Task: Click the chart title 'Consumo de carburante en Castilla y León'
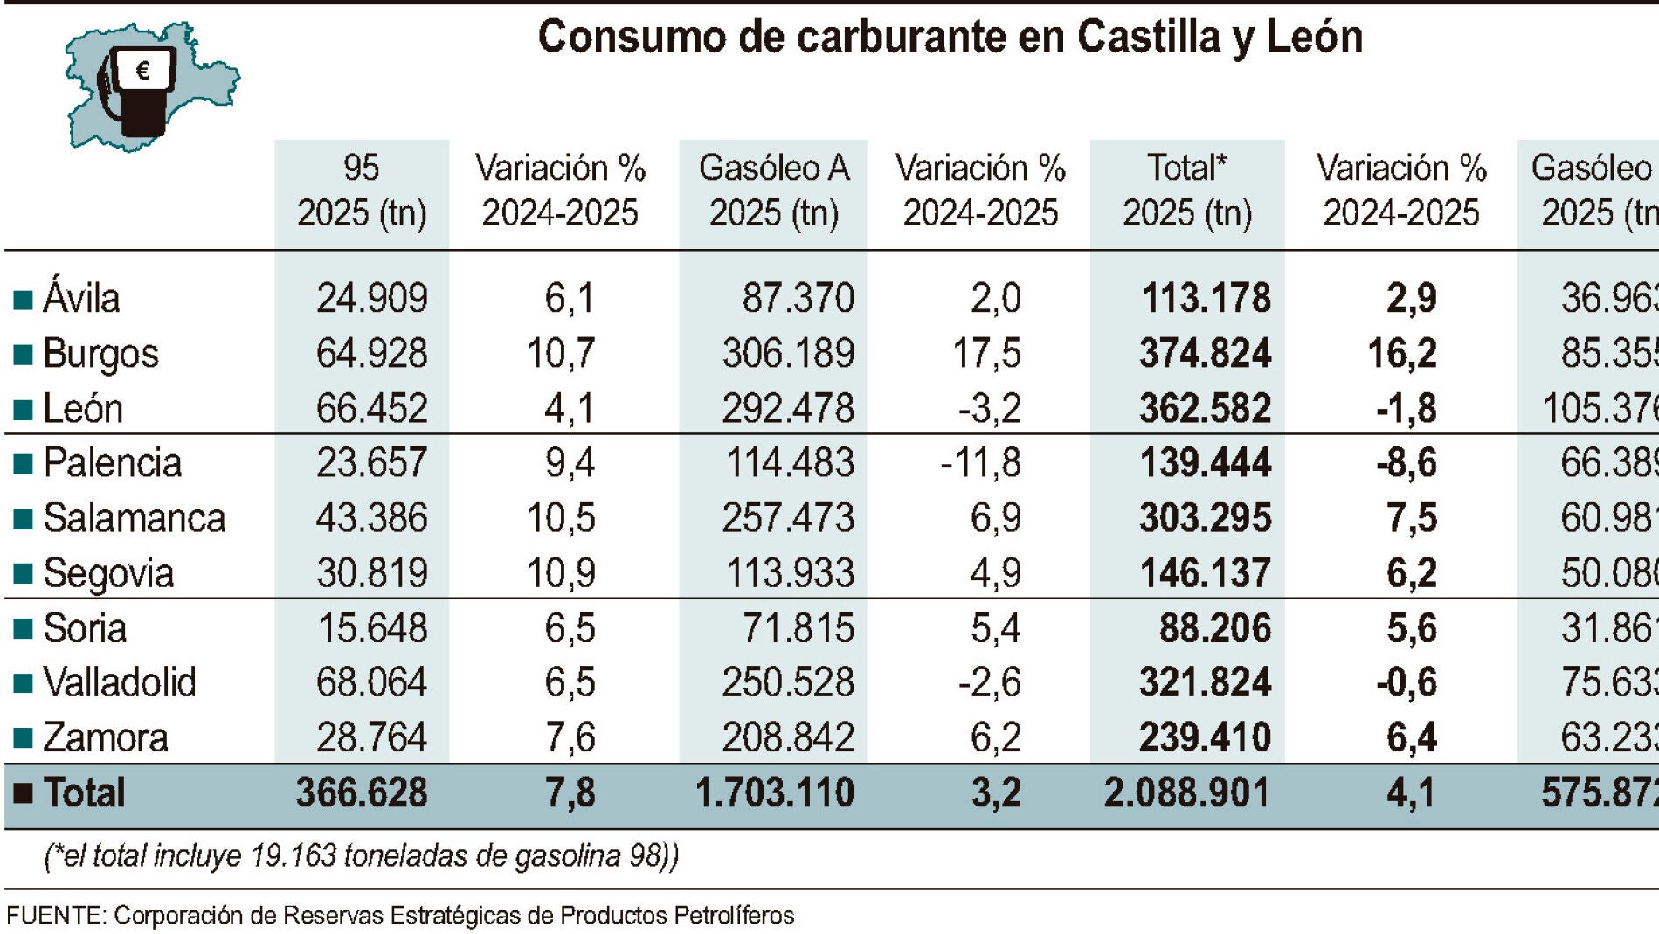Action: tap(950, 37)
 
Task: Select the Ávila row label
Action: tap(80, 298)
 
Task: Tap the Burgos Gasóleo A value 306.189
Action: tap(787, 354)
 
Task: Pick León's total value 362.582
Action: tap(1205, 409)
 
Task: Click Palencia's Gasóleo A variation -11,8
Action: tap(980, 463)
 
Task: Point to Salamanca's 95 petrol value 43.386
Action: tap(371, 518)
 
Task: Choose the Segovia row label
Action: tap(108, 573)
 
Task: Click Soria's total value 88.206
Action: tap(1214, 628)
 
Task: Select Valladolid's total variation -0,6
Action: tap(1406, 682)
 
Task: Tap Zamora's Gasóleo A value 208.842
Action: tap(787, 737)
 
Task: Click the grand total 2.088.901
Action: tap(1185, 793)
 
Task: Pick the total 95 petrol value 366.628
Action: tap(362, 793)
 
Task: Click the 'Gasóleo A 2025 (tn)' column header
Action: tap(774, 190)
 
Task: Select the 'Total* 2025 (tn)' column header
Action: tap(1187, 190)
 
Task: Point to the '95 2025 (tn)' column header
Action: tap(362, 190)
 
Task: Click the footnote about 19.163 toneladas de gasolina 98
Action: tap(361, 855)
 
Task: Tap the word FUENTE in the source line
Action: tap(55, 916)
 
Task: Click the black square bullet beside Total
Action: tap(24, 793)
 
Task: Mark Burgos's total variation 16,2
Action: tap(1401, 354)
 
